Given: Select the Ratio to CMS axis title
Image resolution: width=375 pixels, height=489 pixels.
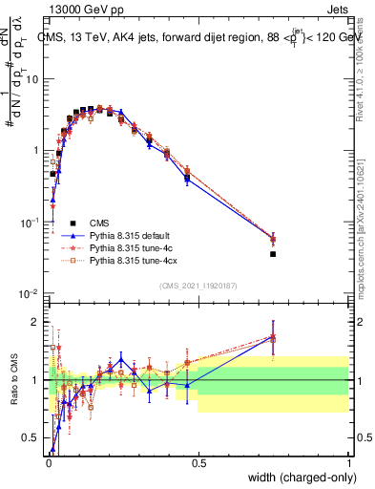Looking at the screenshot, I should tap(13, 380).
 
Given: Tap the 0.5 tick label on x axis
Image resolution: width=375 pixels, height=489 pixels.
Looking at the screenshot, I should tap(198, 462).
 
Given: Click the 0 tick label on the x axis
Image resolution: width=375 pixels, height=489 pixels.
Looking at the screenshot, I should tap(48, 462).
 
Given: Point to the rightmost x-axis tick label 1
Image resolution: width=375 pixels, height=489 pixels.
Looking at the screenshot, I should tap(349, 462).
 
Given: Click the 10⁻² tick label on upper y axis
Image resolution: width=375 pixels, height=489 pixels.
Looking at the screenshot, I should tap(31, 293).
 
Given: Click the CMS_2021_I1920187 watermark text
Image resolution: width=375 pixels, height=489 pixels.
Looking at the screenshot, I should tap(198, 286).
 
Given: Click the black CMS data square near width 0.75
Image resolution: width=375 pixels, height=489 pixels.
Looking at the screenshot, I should tap(273, 254).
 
